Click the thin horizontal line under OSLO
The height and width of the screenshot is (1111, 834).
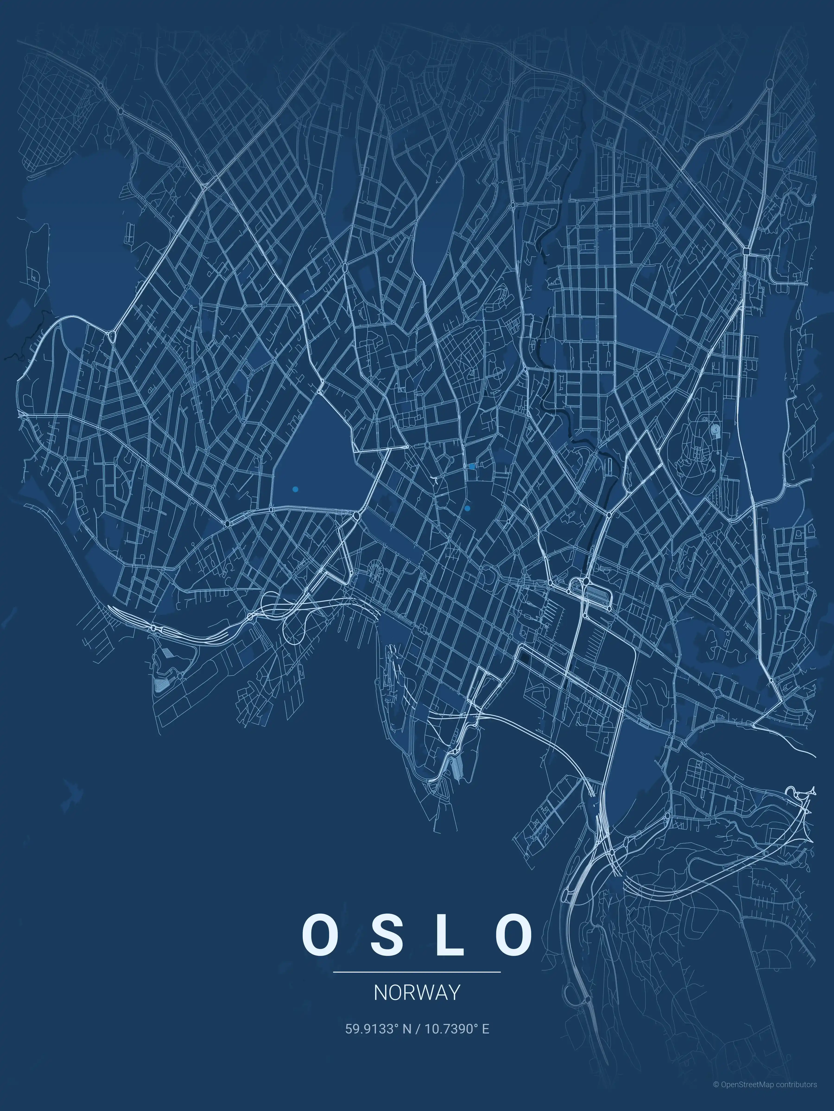(417, 972)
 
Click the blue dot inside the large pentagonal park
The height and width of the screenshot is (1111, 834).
(295, 489)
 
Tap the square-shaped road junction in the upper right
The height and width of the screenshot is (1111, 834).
(746, 250)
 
